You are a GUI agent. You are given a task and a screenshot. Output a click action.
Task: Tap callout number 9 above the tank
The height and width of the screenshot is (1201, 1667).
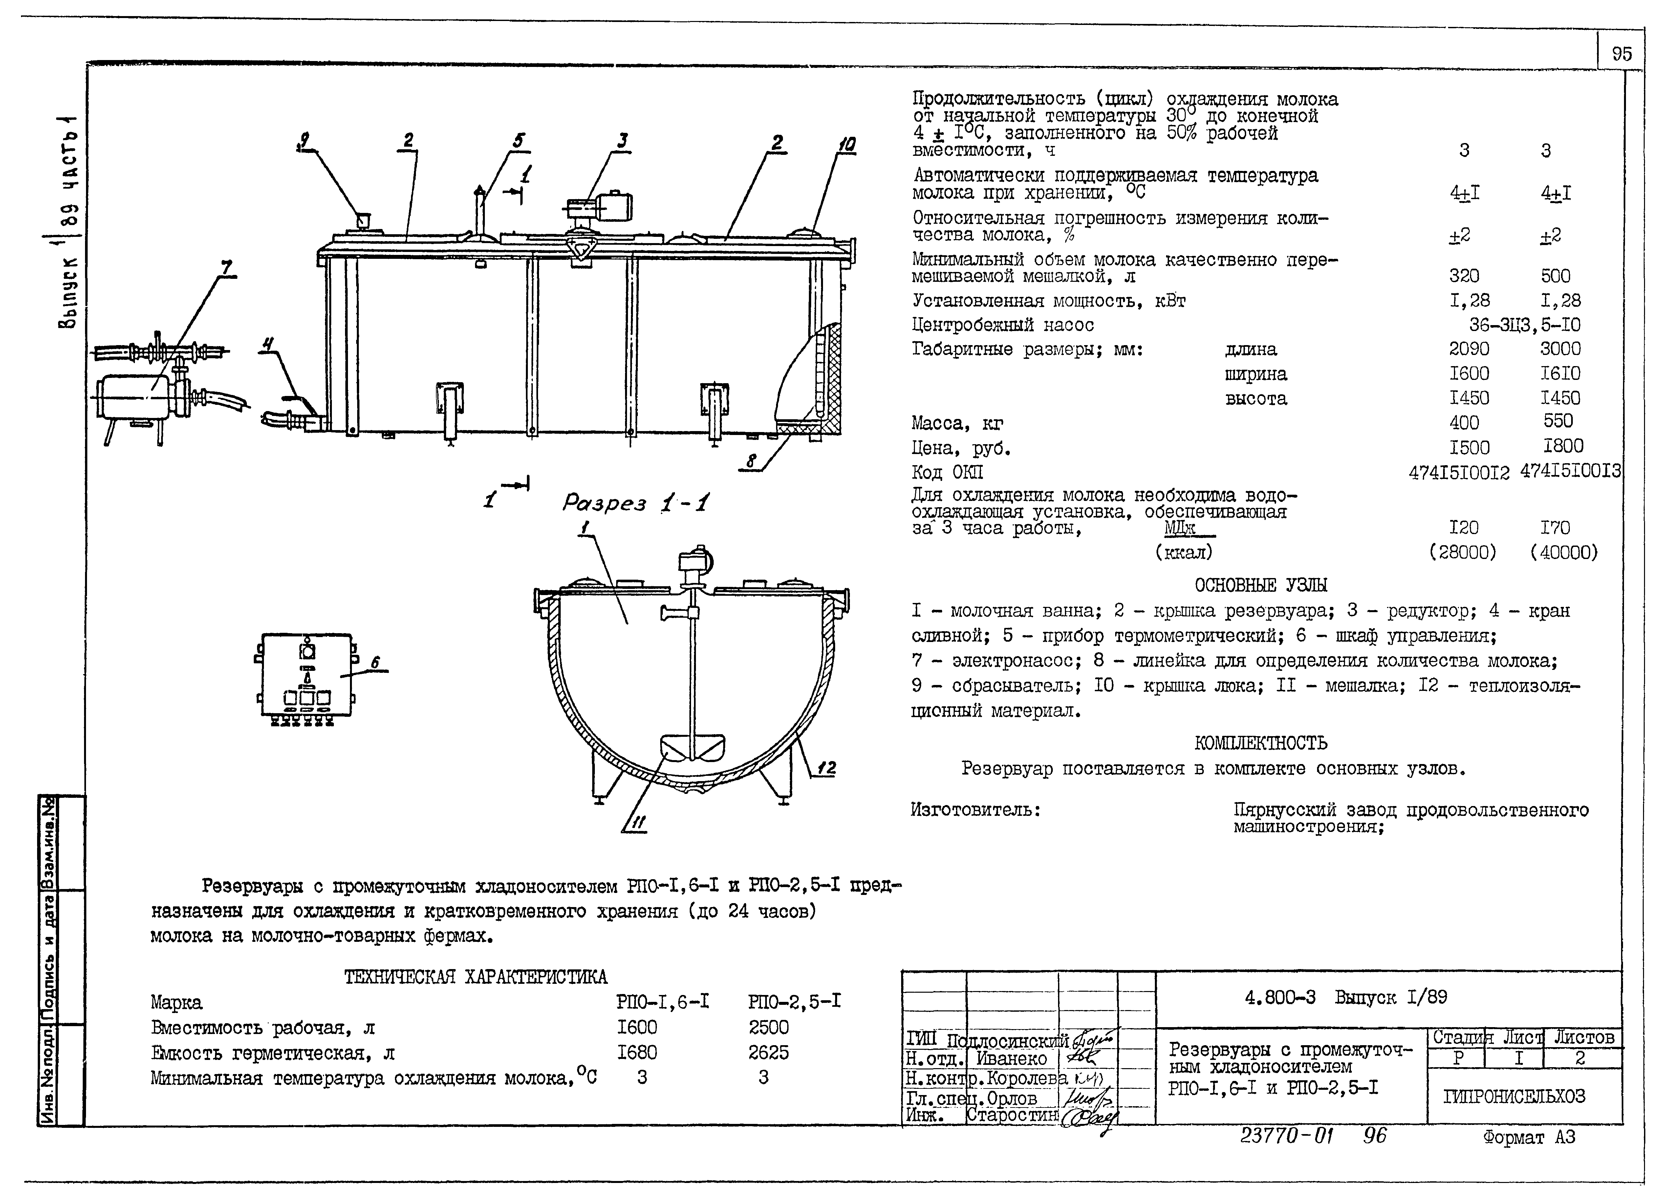(304, 139)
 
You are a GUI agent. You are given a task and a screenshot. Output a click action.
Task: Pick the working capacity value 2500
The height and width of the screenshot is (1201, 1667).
(768, 1027)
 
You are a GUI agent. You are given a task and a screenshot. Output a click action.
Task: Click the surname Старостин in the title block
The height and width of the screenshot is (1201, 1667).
(1011, 1114)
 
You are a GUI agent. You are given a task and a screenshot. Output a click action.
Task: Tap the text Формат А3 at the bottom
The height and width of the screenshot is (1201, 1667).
(1529, 1137)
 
